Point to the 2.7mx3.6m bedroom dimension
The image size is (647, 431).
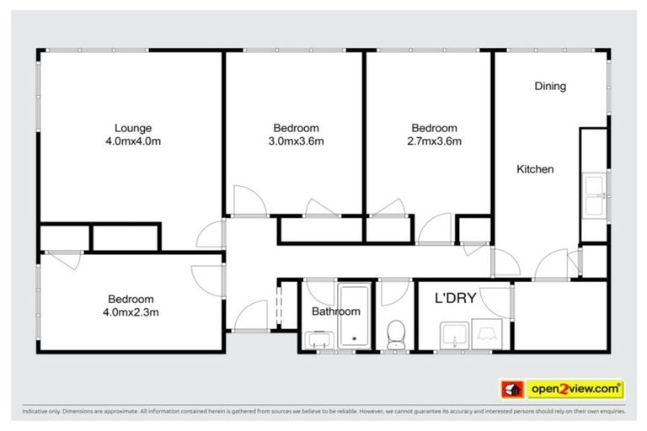[x=434, y=141]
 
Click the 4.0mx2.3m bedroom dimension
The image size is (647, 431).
[x=131, y=311]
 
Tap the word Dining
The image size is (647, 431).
[x=549, y=86]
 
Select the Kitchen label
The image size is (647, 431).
[x=535, y=169]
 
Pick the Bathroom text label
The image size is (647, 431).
[x=336, y=311]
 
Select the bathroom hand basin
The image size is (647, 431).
[x=318, y=339]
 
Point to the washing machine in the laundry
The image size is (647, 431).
[x=489, y=334]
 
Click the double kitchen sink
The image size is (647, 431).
[x=593, y=194]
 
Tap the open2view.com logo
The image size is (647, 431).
[x=575, y=389]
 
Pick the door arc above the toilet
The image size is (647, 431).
[x=393, y=292]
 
